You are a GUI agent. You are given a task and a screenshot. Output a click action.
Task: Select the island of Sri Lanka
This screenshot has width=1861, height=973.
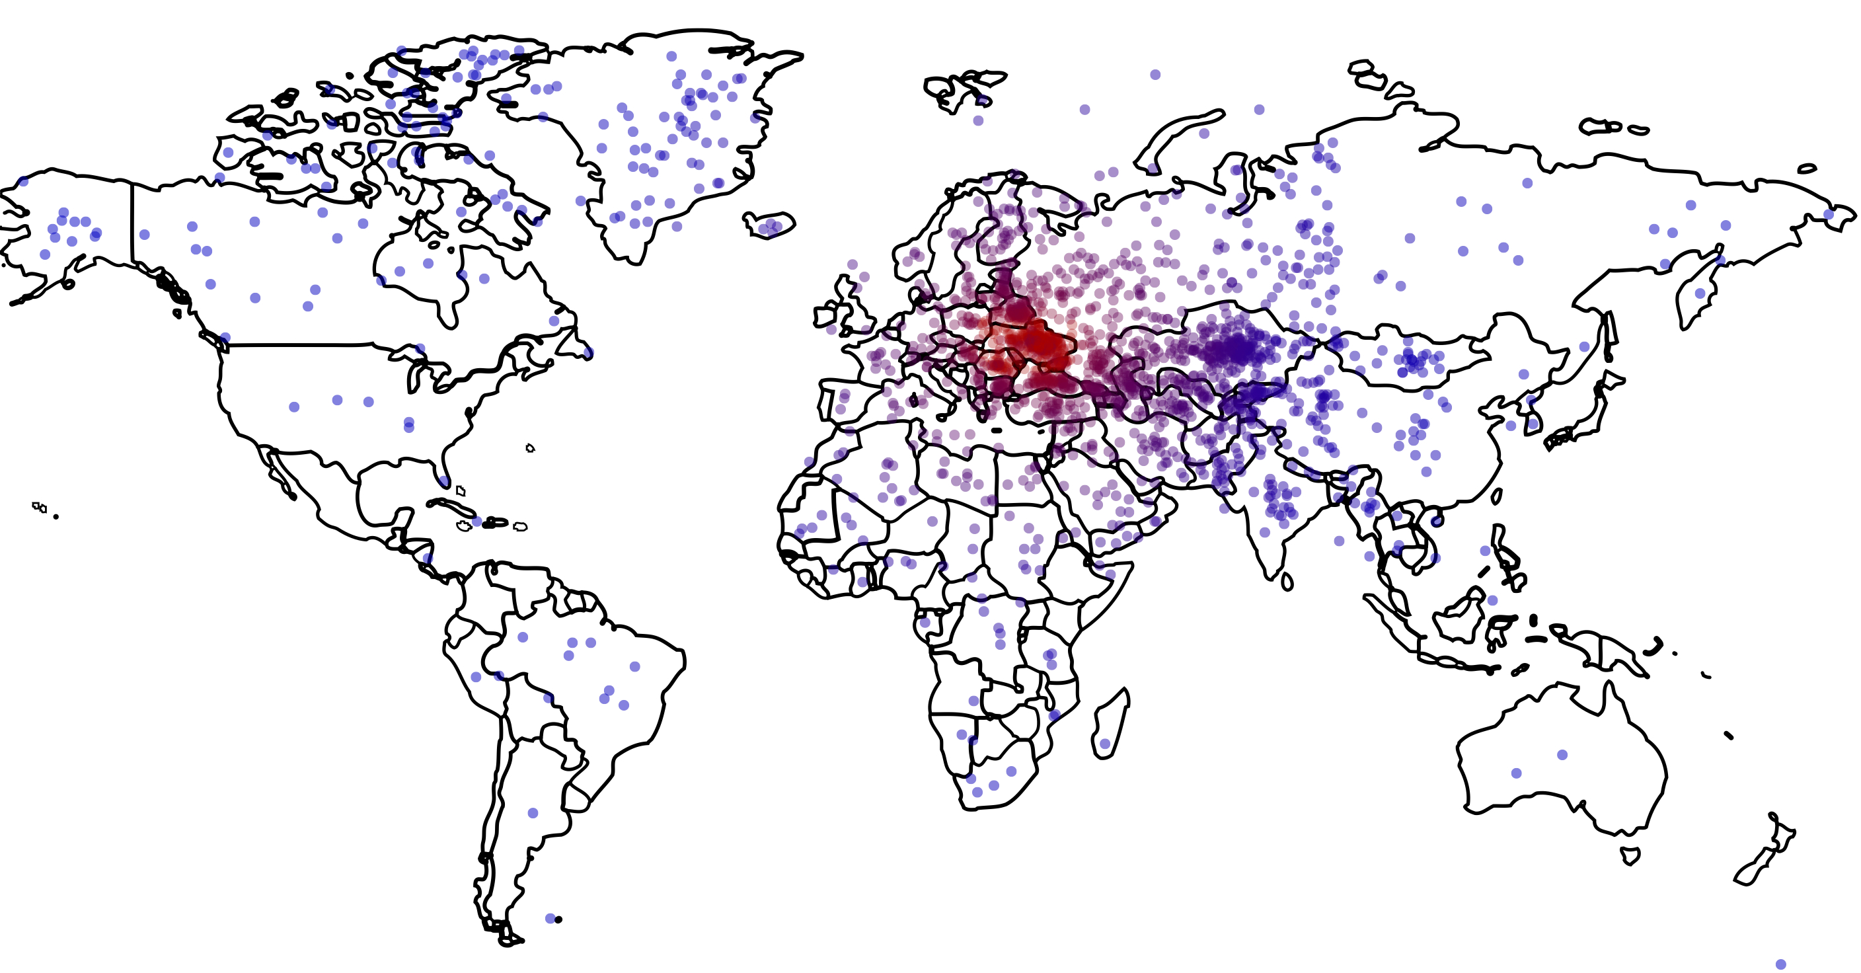1287,582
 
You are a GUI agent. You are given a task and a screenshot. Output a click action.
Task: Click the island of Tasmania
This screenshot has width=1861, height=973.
1630,857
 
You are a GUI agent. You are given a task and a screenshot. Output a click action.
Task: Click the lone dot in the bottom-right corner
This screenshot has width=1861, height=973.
1781,964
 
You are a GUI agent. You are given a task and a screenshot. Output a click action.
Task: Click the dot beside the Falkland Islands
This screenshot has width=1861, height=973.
551,919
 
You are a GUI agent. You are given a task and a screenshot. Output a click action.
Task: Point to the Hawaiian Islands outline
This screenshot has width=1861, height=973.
40,508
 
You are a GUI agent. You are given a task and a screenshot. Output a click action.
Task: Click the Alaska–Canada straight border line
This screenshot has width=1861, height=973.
132,224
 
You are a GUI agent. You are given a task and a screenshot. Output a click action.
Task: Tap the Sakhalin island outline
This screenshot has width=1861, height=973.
1611,336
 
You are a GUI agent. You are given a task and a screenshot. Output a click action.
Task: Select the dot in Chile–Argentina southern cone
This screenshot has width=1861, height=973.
533,813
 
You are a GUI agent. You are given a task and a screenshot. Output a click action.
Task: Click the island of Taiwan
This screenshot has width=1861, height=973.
1497,496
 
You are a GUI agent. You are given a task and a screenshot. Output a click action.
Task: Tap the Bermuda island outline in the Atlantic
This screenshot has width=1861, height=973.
530,449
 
